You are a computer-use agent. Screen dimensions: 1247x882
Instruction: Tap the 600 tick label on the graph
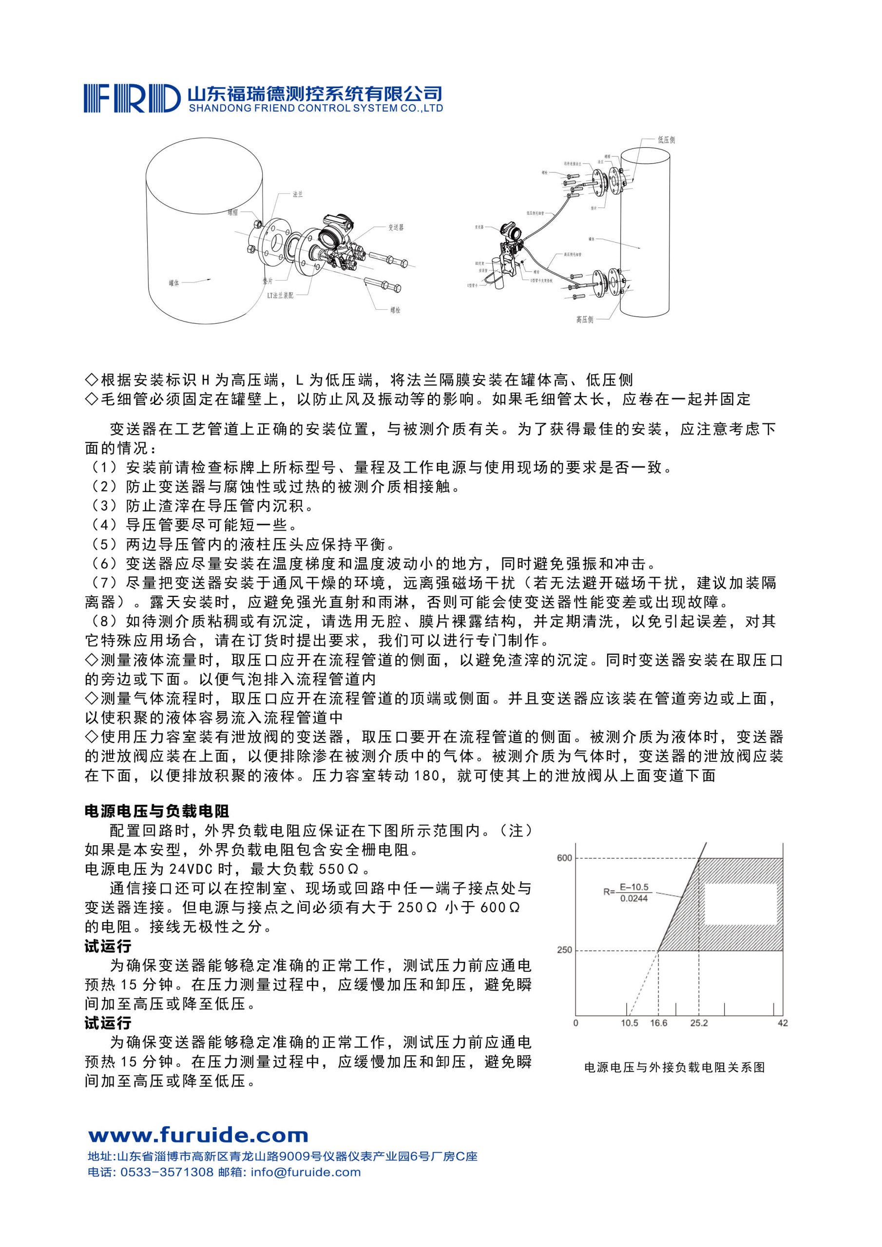click(x=565, y=858)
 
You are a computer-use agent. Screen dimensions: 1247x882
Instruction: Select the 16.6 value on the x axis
click(x=659, y=1023)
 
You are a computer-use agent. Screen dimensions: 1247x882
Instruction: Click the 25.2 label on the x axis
click(x=699, y=1023)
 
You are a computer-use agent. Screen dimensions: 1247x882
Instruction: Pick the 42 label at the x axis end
click(x=783, y=1023)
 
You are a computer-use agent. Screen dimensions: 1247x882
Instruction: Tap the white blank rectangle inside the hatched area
click(x=740, y=904)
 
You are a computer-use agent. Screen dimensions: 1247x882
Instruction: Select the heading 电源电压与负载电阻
click(x=157, y=812)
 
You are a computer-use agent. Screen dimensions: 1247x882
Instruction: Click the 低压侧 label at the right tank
click(x=666, y=140)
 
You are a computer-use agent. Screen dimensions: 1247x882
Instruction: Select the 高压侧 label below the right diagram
click(x=585, y=320)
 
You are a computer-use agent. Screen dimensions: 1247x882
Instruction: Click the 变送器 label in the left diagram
click(x=396, y=227)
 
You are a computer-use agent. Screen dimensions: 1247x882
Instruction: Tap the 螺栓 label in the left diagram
click(x=395, y=310)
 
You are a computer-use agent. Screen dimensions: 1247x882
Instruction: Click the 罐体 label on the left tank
click(x=174, y=283)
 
